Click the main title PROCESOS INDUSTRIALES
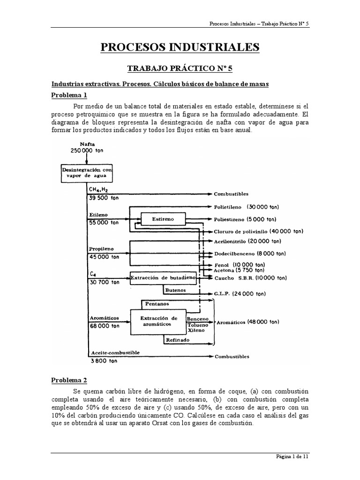180,47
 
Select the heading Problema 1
69,95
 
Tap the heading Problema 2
69,380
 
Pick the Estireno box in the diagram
162,219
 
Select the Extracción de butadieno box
163,277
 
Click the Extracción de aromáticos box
158,321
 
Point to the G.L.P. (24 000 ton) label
240,294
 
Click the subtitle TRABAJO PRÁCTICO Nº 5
180,68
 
